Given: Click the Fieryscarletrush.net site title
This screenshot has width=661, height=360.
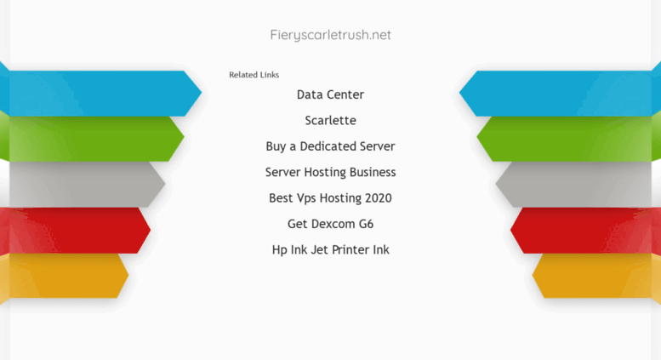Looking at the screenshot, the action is click(330, 35).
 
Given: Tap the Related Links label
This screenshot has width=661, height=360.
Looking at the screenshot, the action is click(254, 75).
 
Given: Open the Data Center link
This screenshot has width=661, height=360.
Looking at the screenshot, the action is click(330, 94).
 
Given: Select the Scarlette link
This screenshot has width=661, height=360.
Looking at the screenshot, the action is click(330, 120).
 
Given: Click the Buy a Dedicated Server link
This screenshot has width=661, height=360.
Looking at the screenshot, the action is click(330, 146).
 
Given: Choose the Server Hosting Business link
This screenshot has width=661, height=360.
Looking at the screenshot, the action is click(330, 172).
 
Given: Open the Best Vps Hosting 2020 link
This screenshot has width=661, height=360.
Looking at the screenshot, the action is click(330, 197).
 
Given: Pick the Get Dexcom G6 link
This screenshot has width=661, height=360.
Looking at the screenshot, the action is click(330, 224).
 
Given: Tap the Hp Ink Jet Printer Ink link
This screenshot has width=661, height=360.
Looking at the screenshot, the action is click(330, 249).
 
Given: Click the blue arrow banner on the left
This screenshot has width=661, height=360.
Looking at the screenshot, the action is click(101, 93).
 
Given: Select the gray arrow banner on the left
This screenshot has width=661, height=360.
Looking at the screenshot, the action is click(83, 184).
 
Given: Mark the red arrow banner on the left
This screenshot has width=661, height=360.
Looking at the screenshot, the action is click(75, 230).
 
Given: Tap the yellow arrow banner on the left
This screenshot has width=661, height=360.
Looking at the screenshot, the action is click(64, 276).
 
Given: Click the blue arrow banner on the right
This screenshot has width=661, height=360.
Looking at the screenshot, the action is click(560, 93).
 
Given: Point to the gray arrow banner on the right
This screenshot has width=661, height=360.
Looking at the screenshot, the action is click(578, 184).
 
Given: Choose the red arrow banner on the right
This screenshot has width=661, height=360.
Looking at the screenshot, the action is click(586, 230).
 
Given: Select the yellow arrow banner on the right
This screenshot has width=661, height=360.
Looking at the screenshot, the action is click(597, 276).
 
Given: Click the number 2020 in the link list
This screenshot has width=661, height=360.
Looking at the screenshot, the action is click(378, 197).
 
